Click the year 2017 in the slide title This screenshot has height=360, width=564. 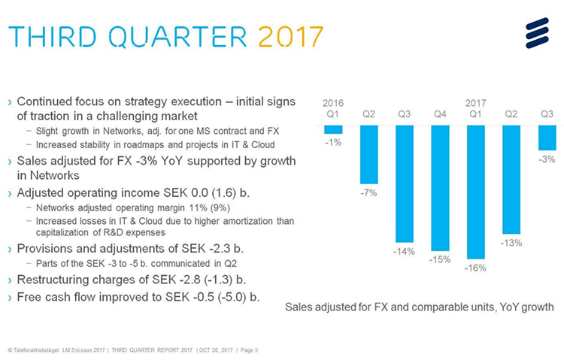click(290, 35)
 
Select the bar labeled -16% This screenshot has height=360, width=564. click(476, 192)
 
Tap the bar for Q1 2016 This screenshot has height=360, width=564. click(333, 129)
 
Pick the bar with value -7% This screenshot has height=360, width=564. click(368, 154)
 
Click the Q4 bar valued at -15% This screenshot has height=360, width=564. click(440, 188)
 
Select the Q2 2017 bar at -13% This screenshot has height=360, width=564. click(511, 180)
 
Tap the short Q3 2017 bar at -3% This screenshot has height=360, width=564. click(547, 138)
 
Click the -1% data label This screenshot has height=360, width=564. click(333, 143)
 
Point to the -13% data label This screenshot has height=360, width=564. click(511, 243)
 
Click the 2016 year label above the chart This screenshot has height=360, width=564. click(333, 101)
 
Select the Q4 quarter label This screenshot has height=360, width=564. click(440, 114)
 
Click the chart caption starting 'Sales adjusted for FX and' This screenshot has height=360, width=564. click(420, 307)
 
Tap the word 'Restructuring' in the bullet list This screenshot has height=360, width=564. click(52, 280)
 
